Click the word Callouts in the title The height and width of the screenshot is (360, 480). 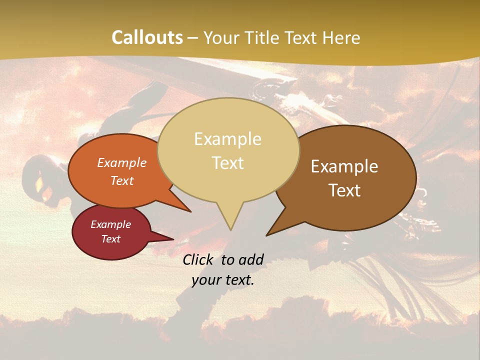click(x=147, y=37)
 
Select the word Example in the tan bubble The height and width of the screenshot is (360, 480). click(x=227, y=139)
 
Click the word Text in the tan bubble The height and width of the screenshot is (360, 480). click(x=227, y=162)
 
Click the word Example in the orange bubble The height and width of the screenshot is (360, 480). click(x=121, y=162)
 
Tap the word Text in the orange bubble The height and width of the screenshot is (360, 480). click(x=121, y=180)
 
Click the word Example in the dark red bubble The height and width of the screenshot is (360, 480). click(x=110, y=224)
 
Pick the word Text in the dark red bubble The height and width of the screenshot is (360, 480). click(x=110, y=239)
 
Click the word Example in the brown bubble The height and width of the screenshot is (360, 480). click(x=344, y=166)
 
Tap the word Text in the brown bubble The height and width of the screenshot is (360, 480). click(x=344, y=190)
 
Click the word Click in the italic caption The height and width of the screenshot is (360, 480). click(x=199, y=259)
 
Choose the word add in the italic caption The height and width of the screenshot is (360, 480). click(x=250, y=259)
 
